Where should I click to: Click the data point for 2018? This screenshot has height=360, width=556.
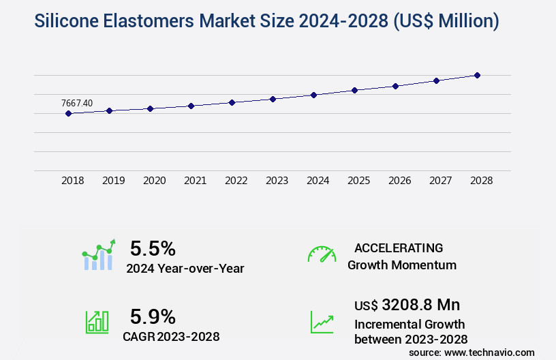pos(68,113)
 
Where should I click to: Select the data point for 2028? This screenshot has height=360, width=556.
pos(477,75)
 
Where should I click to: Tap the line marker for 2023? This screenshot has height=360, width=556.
pos(273,99)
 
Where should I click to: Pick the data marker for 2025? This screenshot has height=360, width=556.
pos(354,90)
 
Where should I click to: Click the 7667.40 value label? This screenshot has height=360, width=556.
pos(77,103)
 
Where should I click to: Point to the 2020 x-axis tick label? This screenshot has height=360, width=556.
pos(155,181)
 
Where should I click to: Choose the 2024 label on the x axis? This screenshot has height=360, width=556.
pos(318,181)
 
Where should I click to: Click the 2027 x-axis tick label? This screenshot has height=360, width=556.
pos(441,181)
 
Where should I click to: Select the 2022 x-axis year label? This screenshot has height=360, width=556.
pos(236,181)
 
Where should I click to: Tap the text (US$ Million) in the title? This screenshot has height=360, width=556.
pos(446,22)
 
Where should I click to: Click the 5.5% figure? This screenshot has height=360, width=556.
pos(153,247)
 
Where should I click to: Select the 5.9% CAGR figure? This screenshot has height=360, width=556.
pos(153,316)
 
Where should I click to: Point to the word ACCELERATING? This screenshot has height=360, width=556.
pos(399,247)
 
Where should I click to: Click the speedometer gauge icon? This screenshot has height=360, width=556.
pos(322,254)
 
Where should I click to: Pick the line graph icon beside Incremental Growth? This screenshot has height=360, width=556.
pos(322,322)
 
